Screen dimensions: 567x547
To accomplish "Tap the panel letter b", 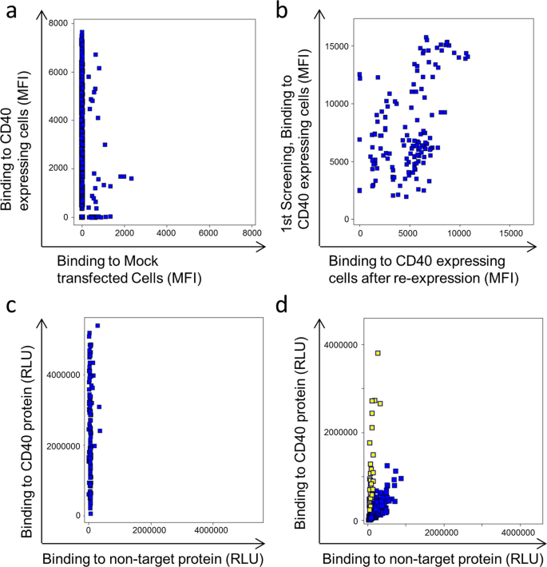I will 281,11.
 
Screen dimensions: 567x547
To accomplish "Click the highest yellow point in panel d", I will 378,353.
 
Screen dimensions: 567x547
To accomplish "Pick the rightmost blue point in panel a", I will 131,178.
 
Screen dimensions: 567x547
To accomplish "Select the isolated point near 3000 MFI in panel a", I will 105,145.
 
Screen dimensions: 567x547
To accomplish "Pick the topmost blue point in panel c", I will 97,325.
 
